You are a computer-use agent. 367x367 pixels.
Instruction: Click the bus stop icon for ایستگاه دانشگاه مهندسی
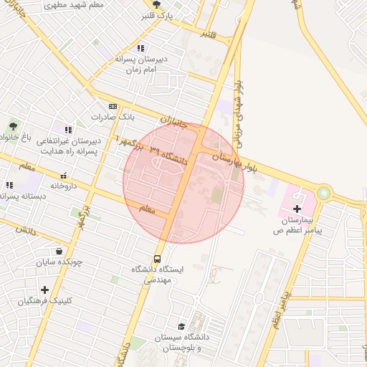tap(157, 259)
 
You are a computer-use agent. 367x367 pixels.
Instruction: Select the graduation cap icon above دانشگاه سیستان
tap(181, 325)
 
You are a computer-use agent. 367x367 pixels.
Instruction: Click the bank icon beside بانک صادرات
tap(112, 105)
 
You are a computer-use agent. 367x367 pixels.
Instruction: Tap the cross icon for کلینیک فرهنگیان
tap(45, 290)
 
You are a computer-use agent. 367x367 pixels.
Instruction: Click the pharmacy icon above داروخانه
tap(63, 176)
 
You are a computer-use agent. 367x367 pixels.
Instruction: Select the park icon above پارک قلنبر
tap(156, 4)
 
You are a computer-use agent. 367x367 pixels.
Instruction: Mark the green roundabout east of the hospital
tap(324, 192)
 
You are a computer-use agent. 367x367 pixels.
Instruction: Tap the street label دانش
tap(24, 231)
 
